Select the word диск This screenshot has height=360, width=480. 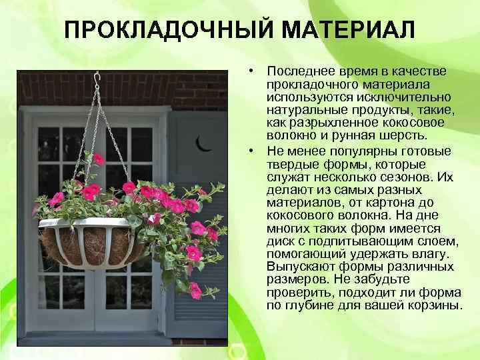click(280, 241)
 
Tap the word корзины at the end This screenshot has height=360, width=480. click(437, 305)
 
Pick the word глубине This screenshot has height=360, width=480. click(308, 305)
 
